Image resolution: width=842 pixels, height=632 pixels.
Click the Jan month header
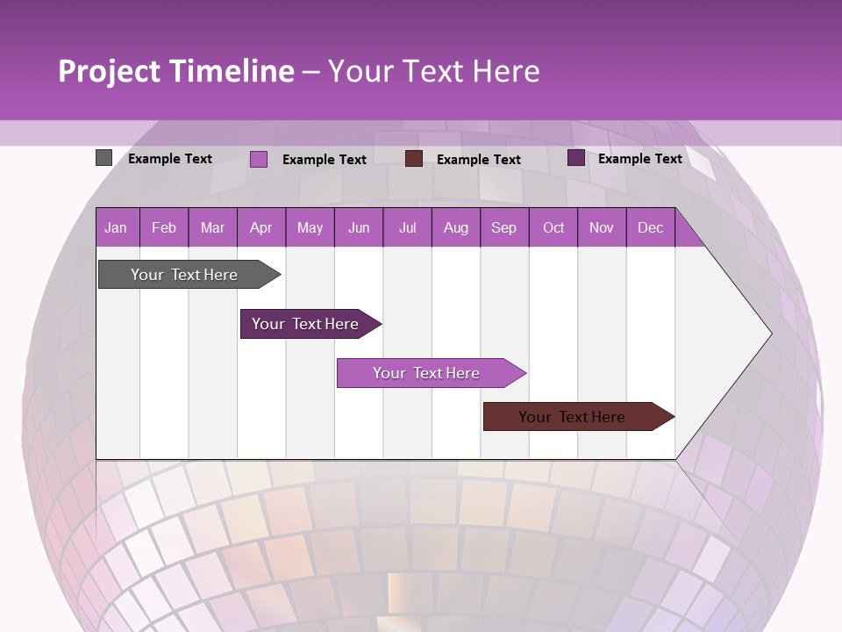click(116, 227)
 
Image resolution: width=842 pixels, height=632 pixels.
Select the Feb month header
click(164, 227)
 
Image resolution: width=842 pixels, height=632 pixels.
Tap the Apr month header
click(260, 227)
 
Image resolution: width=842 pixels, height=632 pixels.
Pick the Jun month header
click(359, 227)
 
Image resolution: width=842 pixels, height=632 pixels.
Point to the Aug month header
click(455, 227)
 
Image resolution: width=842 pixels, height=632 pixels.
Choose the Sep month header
click(503, 227)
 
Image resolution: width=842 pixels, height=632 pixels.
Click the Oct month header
click(553, 227)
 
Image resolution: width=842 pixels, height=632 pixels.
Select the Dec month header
click(650, 227)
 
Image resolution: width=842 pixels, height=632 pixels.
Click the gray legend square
click(103, 158)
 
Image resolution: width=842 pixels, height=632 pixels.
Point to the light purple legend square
click(259, 159)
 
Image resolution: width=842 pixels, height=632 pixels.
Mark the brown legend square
click(414, 159)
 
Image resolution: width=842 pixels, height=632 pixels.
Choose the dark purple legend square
click(575, 158)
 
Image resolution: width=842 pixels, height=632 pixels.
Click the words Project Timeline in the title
click(176, 71)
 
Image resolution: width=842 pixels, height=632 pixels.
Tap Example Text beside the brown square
click(478, 160)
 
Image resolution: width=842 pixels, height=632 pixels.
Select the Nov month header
click(601, 227)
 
